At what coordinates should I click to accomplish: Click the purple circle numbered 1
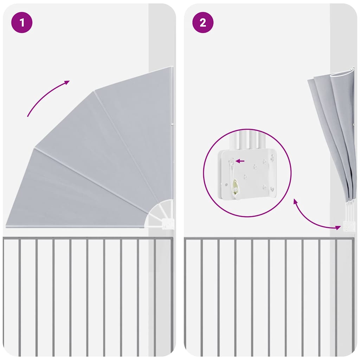click(22, 22)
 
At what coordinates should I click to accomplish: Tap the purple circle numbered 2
click(203, 22)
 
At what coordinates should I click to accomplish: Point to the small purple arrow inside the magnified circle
click(240, 161)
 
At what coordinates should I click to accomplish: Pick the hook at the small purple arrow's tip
click(232, 161)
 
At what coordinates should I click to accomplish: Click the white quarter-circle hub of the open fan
click(160, 213)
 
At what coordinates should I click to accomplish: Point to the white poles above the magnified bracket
click(248, 141)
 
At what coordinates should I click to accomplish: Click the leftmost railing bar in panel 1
click(20, 295)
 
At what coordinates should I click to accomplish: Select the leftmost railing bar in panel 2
click(201, 295)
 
